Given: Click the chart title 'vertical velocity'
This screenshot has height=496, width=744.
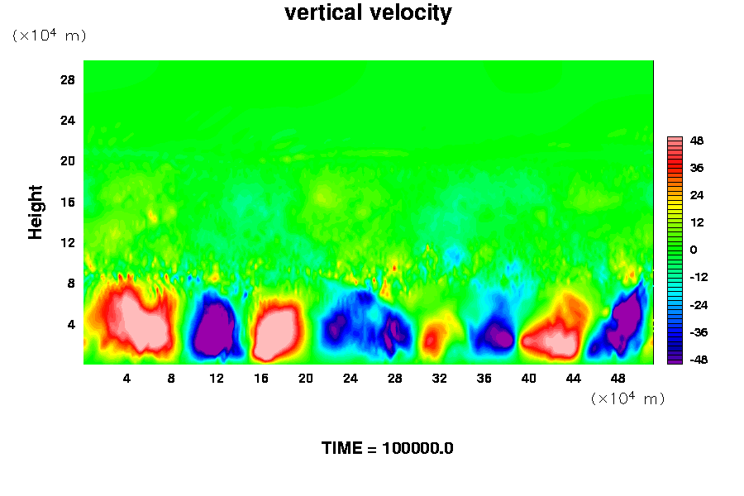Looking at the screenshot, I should (x=368, y=13).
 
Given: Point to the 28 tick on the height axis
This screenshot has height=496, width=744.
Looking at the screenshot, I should (x=68, y=80).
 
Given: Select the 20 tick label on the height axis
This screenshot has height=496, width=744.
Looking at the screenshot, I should (x=68, y=161).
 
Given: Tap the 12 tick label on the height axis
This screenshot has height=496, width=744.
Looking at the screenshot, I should (x=68, y=242).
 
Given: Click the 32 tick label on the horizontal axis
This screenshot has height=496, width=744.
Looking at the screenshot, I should (x=439, y=379).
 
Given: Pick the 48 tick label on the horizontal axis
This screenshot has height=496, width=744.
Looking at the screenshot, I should (x=618, y=379).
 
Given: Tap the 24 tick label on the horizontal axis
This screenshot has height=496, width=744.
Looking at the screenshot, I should (x=351, y=379).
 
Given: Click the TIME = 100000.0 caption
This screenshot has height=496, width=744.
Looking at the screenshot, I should (x=387, y=449).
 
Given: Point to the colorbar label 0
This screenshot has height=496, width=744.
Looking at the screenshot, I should (x=693, y=250).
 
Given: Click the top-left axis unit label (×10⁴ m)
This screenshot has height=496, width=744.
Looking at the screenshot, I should (x=49, y=36).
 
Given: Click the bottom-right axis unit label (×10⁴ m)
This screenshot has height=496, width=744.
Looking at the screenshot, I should (x=627, y=398).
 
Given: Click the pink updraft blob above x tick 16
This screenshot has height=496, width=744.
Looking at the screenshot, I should (x=276, y=331).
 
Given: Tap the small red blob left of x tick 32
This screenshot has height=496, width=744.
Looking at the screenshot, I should (x=431, y=338).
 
